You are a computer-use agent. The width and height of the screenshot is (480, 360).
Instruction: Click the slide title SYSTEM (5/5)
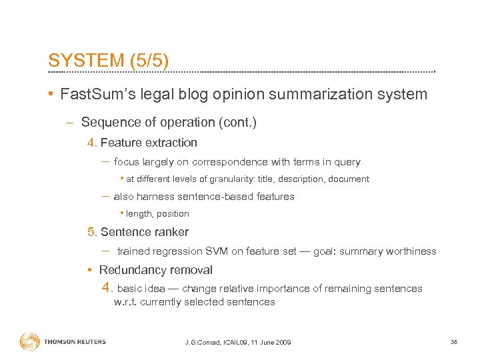[108, 60]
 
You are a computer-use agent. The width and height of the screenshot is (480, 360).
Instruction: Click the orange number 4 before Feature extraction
[91, 143]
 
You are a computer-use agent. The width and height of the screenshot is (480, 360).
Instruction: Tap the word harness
[155, 197]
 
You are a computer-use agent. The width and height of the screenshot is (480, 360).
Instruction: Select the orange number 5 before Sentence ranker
[91, 232]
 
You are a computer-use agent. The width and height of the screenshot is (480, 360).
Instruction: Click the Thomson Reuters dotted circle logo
[29, 342]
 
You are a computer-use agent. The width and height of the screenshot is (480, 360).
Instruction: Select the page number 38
[454, 342]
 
